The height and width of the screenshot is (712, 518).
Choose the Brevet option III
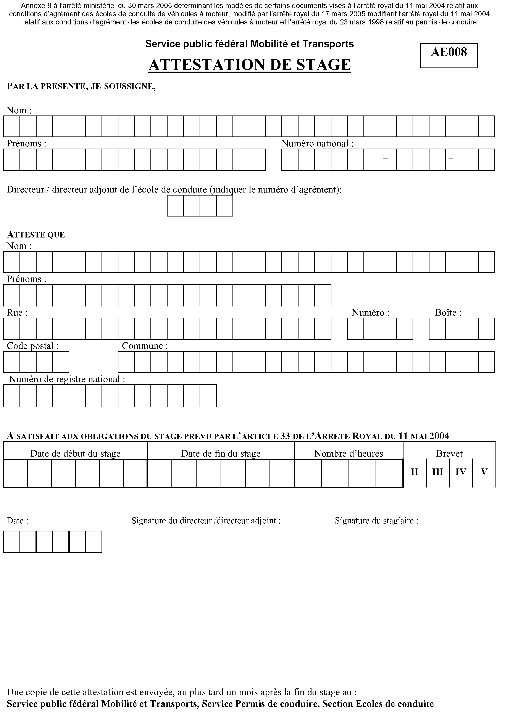point(437,472)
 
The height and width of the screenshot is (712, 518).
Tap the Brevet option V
point(484,472)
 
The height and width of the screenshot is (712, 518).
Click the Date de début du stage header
point(75,454)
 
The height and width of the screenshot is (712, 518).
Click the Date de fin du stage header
point(221,454)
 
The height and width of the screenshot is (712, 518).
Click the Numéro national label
point(317,144)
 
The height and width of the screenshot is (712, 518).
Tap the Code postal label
point(33,346)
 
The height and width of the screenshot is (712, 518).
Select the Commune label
point(145,346)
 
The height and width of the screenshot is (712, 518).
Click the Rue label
point(17,313)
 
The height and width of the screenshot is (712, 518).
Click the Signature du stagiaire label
point(376,521)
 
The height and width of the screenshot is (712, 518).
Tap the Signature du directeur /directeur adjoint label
point(206,521)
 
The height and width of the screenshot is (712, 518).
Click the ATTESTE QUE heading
point(36,235)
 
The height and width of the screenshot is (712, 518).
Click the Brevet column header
point(449,454)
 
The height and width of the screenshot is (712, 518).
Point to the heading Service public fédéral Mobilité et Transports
point(249,44)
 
